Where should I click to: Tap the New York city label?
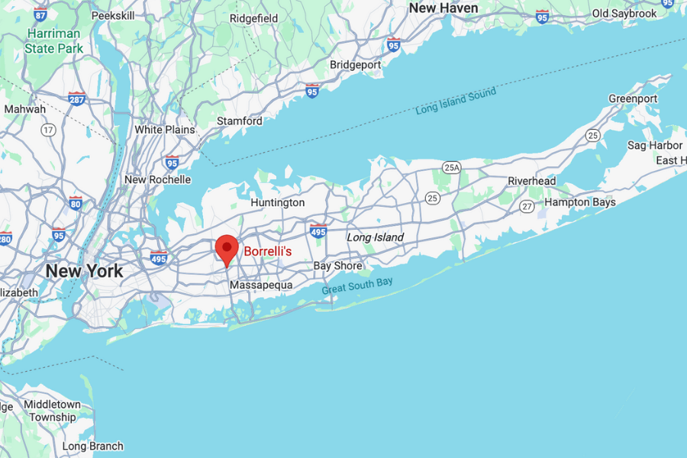coord(84,271)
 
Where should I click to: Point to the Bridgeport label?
coord(355,65)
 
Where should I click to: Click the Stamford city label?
coord(240,121)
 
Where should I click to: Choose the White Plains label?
coord(165,130)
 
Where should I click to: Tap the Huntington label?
coord(278,202)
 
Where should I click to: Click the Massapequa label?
coord(261,285)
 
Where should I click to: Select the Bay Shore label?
coord(338,266)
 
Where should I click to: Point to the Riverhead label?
coord(532,181)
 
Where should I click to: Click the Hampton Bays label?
coord(579,202)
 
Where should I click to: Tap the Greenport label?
coord(633,99)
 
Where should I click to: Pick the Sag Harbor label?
coord(655,145)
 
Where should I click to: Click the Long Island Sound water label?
coord(456,102)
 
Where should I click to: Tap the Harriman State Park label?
coord(54,41)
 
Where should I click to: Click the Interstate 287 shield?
coord(76,98)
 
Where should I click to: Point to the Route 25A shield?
coord(452,166)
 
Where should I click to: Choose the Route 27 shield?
coord(527,206)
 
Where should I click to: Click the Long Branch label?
coord(92,447)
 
